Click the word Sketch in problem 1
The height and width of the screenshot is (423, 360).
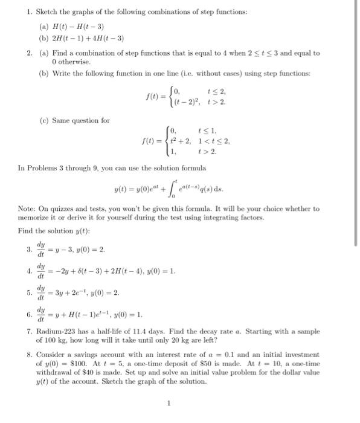click(47, 12)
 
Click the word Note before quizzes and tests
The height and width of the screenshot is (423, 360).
click(27, 208)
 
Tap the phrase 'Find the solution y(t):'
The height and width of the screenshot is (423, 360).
click(53, 231)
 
